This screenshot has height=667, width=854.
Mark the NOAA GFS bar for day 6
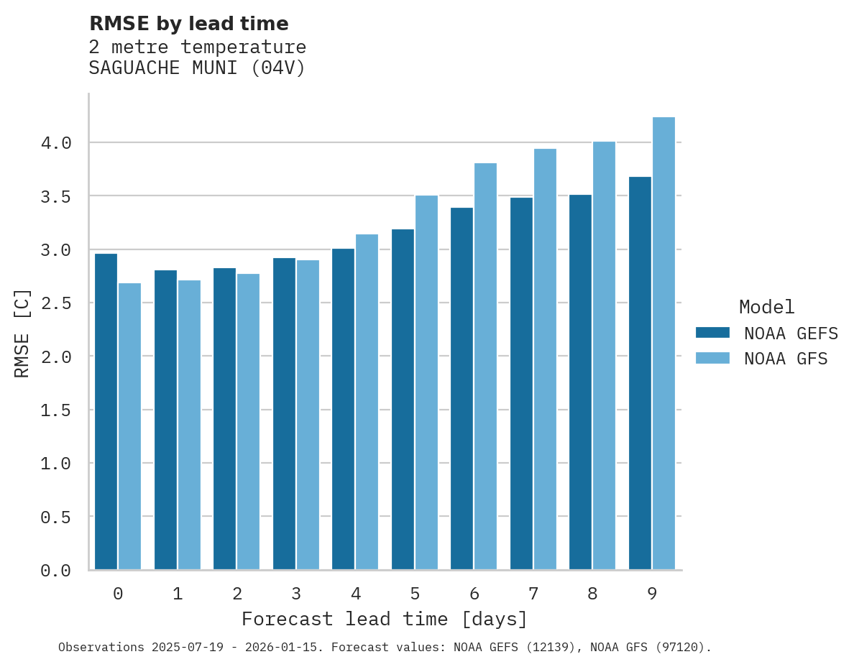point(485,367)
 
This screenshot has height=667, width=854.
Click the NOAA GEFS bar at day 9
point(640,373)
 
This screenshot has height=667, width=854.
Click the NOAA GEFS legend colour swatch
point(712,333)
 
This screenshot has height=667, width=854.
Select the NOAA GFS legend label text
point(786,359)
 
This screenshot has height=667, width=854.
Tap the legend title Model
point(766,307)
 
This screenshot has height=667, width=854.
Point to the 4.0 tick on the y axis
point(56,143)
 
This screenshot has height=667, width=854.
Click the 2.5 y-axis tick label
point(56,303)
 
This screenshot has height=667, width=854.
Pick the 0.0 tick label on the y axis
point(56,571)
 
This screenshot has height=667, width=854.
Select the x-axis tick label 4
point(356,594)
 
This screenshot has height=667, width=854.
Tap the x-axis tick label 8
point(592,594)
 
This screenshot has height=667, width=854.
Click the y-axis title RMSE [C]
point(22,333)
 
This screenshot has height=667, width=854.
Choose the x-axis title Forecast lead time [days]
point(385,619)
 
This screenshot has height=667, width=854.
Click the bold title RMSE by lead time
point(188,24)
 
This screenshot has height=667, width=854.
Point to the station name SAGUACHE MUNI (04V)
point(197,68)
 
